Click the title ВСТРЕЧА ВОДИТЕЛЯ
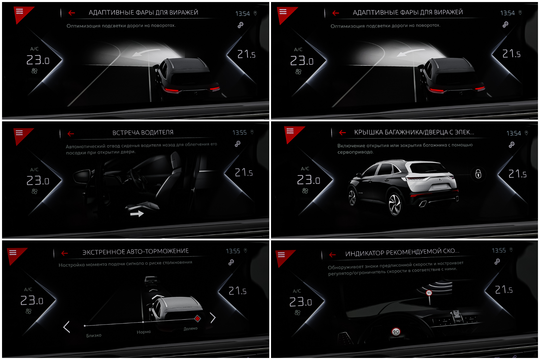[143, 133]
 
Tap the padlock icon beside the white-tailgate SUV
[478, 174]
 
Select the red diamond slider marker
[198, 319]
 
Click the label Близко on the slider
[94, 336]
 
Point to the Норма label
[144, 332]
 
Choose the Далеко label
[191, 329]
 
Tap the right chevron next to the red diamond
[213, 318]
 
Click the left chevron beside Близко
[67, 327]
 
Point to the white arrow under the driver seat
[137, 214]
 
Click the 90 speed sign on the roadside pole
[429, 293]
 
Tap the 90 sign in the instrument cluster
[396, 332]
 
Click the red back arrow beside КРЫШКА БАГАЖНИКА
[342, 133]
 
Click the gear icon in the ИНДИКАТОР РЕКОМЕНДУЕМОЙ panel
[497, 261]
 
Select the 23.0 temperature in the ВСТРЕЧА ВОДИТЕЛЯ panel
[38, 181]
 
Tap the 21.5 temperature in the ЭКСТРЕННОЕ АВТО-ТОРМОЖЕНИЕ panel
[238, 291]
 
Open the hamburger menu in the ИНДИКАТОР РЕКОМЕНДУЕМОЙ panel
[281, 255]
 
